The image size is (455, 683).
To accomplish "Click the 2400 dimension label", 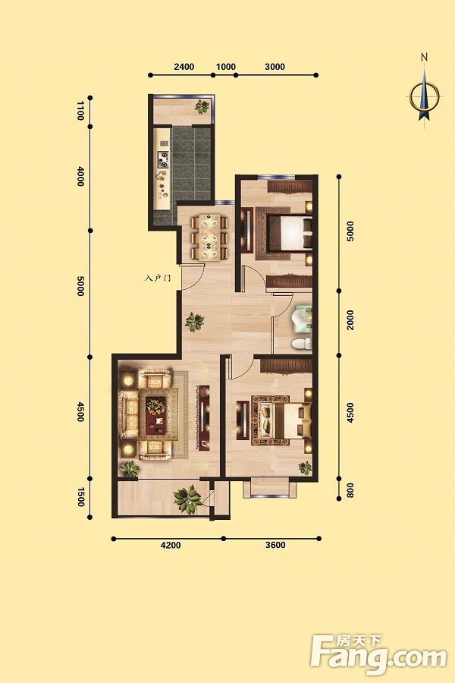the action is click(x=184, y=67).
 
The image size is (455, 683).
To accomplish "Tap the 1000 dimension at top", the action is click(x=225, y=67).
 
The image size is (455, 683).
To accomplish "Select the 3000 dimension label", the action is click(x=275, y=67).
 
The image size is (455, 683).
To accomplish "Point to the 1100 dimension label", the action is click(x=80, y=111).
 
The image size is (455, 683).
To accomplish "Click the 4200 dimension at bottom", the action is click(x=171, y=545).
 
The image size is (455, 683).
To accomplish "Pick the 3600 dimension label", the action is click(x=275, y=545).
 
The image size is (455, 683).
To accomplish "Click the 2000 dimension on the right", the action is click(x=350, y=319).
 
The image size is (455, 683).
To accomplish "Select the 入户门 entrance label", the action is click(x=157, y=277).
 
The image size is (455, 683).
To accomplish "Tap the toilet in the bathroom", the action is click(x=302, y=343).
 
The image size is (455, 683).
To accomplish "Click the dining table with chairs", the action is click(x=209, y=237).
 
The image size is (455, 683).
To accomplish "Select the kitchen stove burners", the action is click(x=164, y=159).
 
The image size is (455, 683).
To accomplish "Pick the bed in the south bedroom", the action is click(x=285, y=420).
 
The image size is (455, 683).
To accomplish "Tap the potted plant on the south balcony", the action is click(x=187, y=499).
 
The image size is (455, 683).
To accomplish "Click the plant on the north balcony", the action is click(x=202, y=107).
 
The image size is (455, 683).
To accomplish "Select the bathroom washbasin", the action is click(x=302, y=316).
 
